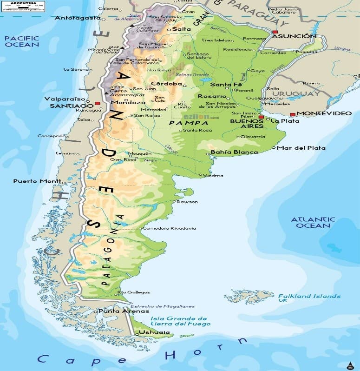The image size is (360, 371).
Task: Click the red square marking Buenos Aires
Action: pos(262,117)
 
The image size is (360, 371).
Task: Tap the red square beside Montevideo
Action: pos(293,114)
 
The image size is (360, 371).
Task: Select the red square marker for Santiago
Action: pos(97,103)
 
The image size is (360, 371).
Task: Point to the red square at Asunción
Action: pos(275,32)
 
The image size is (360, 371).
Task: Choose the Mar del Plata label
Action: pos(301,148)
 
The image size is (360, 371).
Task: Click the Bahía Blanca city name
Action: pos(234,152)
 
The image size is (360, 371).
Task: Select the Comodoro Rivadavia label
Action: pos(169,228)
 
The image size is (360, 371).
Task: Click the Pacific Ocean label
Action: pos(21,41)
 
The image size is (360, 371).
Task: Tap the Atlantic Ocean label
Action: pos(313,222)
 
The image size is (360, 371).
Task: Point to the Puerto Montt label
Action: pos(37,181)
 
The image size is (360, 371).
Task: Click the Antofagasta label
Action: pos(78,18)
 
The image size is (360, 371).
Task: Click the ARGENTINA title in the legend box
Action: pos(24,3)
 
